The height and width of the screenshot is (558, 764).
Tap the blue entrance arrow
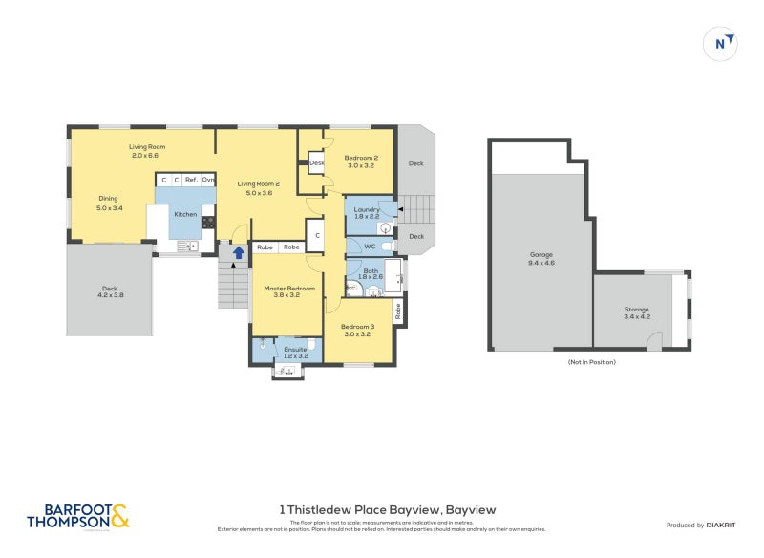[x=238, y=252]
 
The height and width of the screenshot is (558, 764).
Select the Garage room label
[x=541, y=254]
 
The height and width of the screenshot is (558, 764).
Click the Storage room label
[x=637, y=310]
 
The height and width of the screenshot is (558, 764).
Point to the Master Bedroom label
[x=288, y=288]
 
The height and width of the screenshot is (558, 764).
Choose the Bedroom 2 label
[x=362, y=158]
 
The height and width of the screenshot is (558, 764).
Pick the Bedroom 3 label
[x=360, y=327]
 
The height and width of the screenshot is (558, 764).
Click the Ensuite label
[x=296, y=351]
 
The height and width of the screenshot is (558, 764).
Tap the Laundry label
[x=367, y=209]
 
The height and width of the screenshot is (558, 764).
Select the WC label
[x=369, y=247]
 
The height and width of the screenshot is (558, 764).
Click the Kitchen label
[x=185, y=214]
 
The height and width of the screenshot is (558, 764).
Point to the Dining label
[x=108, y=199]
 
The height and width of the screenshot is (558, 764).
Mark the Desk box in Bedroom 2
[x=316, y=163]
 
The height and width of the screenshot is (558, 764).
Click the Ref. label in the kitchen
[x=191, y=180]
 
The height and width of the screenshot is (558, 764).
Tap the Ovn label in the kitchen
[x=207, y=180]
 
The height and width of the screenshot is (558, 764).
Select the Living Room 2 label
[x=255, y=183]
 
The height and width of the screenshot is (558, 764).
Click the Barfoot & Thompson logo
[x=77, y=516]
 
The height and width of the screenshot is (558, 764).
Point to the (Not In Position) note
[x=591, y=362]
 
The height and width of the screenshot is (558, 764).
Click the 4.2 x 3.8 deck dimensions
[x=110, y=294]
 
